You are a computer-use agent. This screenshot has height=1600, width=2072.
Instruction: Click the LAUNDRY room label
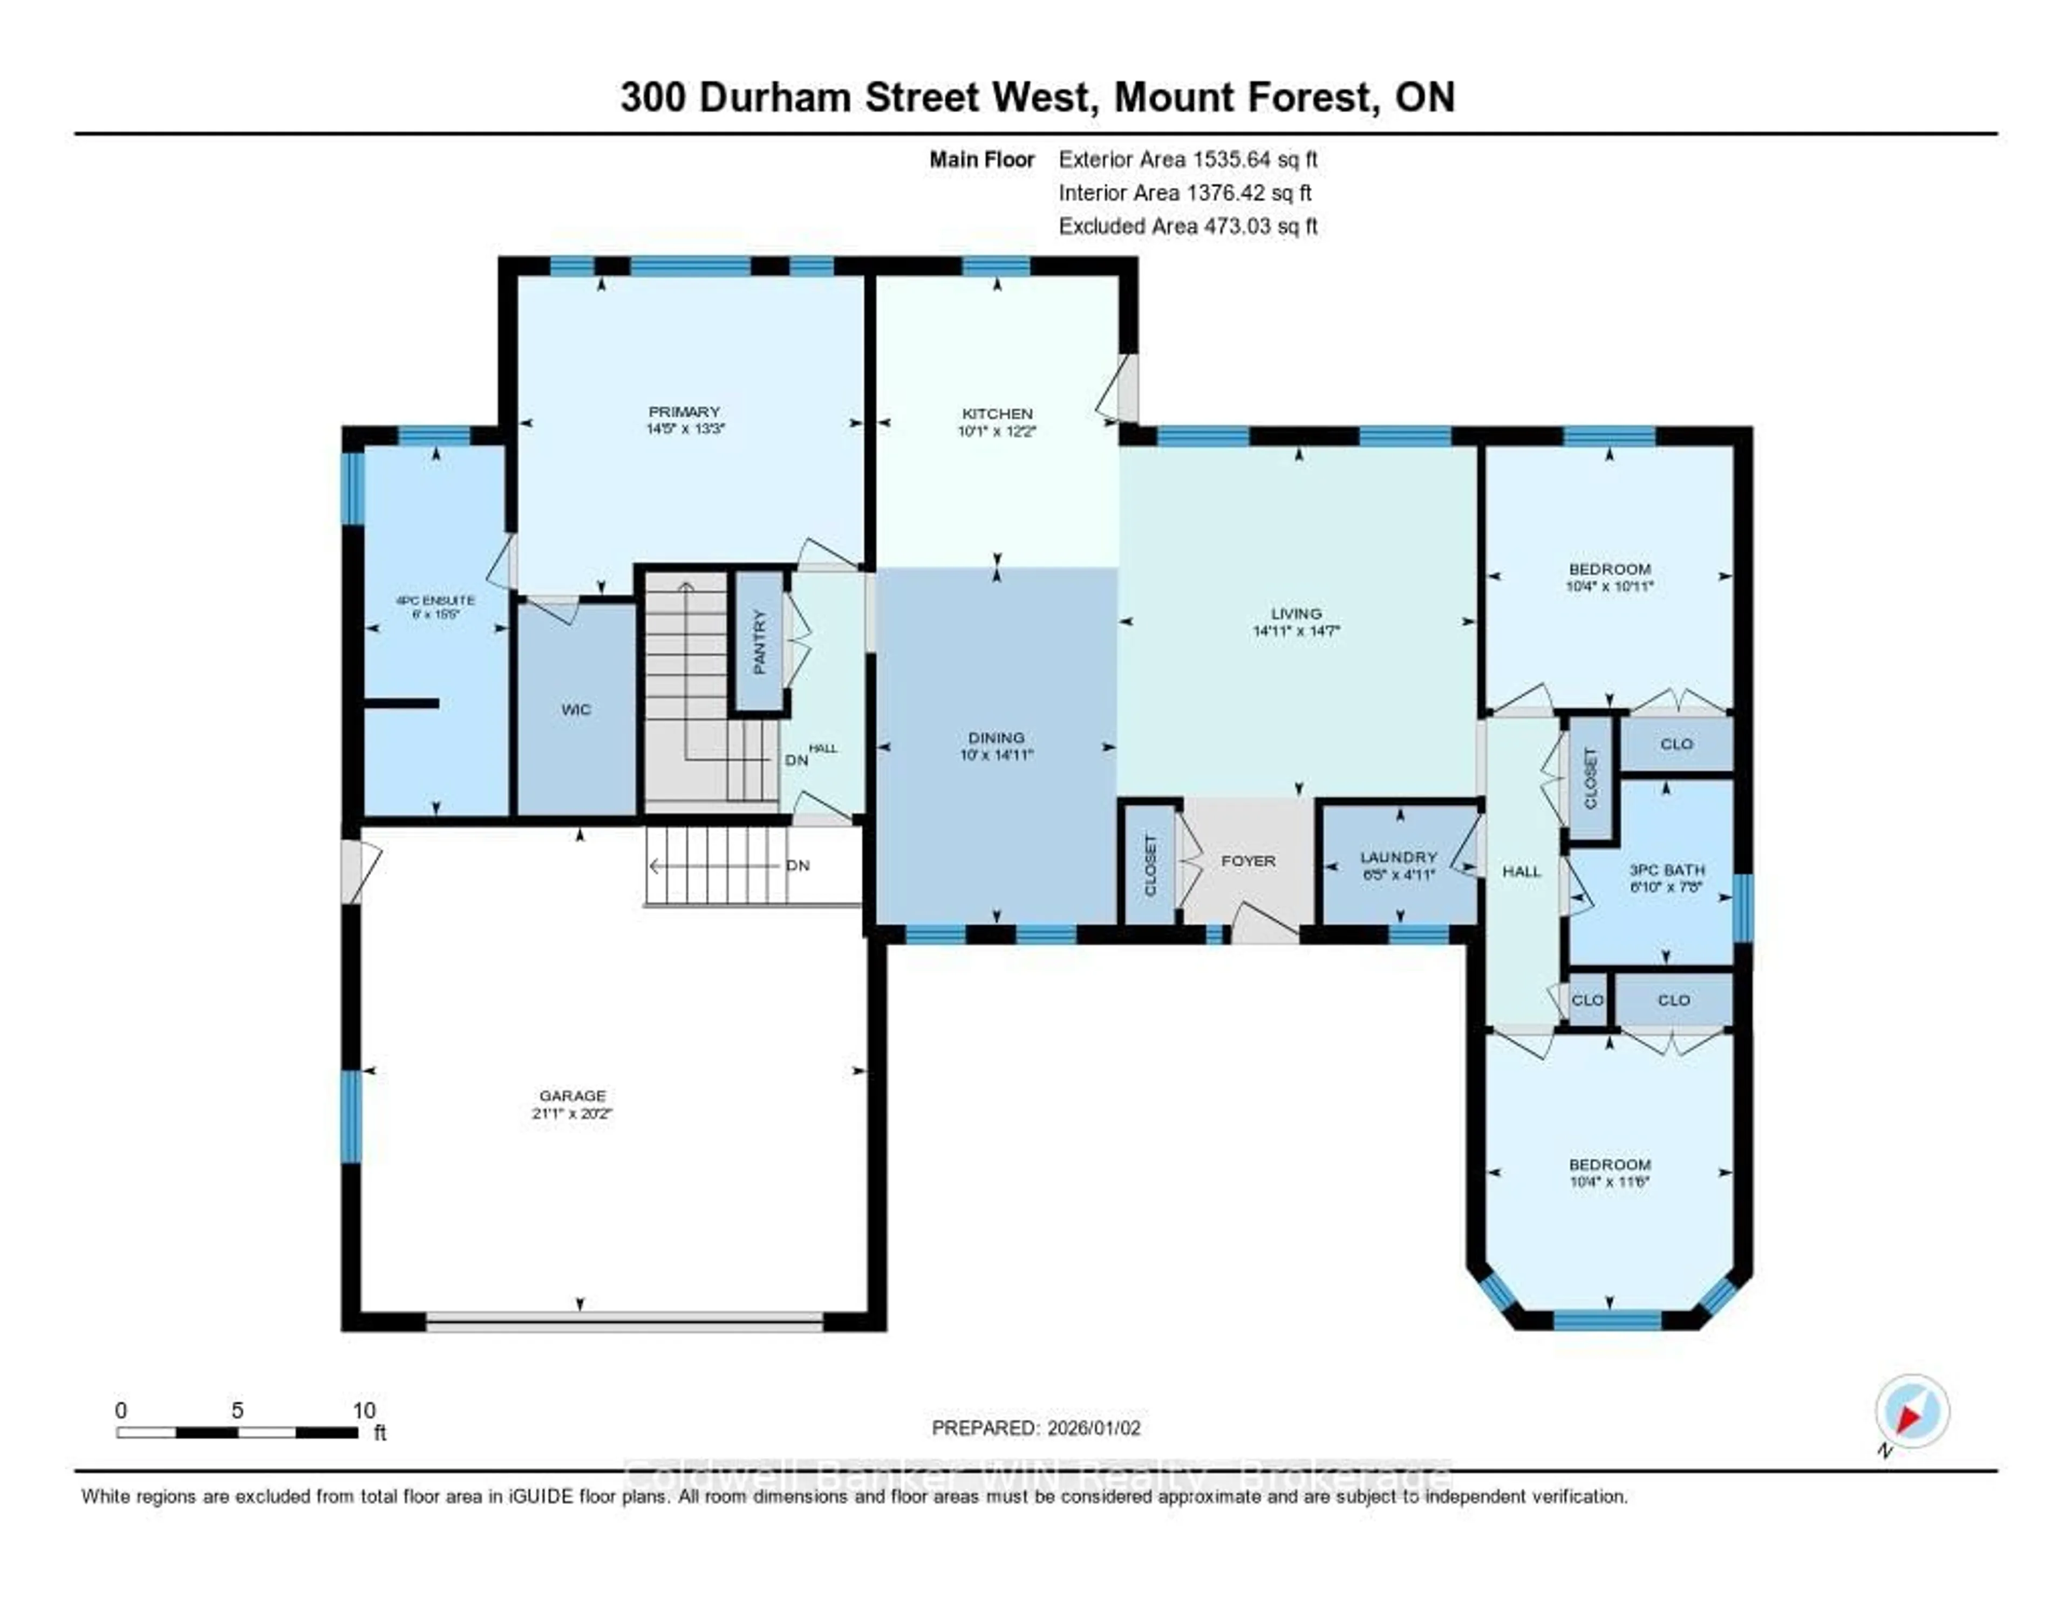[x=1399, y=857]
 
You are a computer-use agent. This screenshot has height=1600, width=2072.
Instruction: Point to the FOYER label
[x=1248, y=861]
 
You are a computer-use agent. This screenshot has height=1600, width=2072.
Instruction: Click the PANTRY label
[x=759, y=642]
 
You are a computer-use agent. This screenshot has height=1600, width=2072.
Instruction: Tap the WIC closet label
[x=576, y=709]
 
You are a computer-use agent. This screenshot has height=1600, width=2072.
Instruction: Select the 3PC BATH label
[x=1667, y=870]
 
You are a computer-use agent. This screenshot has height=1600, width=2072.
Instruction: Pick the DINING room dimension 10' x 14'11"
[x=996, y=755]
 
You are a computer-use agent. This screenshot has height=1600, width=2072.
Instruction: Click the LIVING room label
[x=1296, y=614]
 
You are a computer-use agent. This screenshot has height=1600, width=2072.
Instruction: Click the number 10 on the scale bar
[x=364, y=1410]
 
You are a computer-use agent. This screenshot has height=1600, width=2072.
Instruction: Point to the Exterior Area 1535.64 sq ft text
[x=1188, y=159]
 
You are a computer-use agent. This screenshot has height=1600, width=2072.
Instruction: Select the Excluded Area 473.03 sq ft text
[x=1188, y=225]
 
